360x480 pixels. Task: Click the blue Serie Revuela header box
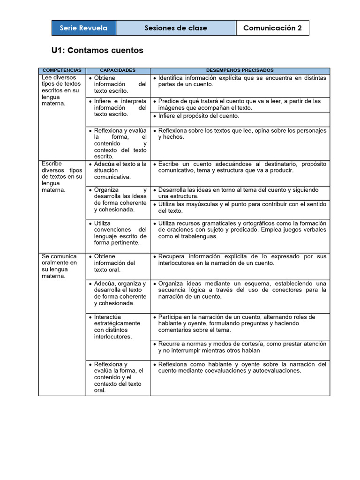83,28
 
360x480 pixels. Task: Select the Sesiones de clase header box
176,28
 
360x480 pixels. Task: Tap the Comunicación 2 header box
272,28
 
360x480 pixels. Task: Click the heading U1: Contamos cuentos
97,50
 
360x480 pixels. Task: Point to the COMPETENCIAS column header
62,70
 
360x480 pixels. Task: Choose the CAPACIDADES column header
118,70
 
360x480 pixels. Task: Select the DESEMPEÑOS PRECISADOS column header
240,70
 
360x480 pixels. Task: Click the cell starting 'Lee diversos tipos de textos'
61,90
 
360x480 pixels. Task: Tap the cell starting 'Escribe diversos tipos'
61,177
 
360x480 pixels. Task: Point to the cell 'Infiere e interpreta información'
118,107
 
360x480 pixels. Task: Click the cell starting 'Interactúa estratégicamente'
117,327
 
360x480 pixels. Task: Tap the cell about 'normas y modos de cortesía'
240,347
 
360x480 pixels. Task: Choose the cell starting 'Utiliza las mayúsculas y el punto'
240,208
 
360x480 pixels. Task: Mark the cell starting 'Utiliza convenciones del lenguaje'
118,233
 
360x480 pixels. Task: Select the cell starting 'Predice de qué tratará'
240,104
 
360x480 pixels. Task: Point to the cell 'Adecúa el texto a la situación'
118,171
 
